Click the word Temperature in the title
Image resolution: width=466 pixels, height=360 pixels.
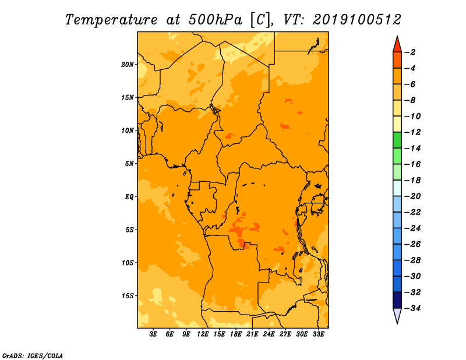tap(111, 20)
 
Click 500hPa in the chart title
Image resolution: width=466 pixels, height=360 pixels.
tap(216, 19)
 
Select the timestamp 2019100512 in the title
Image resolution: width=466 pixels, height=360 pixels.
tap(357, 19)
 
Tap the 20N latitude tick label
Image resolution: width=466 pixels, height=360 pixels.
tap(128, 65)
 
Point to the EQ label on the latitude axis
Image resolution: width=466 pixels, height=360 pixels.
tap(129, 197)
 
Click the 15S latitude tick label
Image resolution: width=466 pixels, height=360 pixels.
tap(128, 296)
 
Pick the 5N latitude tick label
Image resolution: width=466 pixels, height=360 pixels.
tap(129, 164)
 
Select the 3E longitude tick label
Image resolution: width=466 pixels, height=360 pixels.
tap(153, 334)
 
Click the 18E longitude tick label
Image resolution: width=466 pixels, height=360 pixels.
tap(236, 334)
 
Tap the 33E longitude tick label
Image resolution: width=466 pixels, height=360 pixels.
tap(318, 334)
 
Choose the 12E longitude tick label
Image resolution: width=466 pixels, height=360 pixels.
tap(203, 334)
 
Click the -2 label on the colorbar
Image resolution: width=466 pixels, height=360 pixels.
tap(410, 52)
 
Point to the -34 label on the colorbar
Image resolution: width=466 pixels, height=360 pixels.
tap(412, 308)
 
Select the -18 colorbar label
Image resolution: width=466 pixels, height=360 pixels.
tap(412, 180)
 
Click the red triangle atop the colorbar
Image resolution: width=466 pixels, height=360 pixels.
tap(397, 45)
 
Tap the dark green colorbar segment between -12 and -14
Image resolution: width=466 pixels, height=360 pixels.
tap(397, 140)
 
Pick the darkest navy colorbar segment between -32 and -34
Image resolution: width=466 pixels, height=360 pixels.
tap(397, 300)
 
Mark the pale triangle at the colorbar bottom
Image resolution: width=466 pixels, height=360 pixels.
tap(397, 315)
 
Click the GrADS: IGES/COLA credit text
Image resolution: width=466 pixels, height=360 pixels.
tap(33, 355)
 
